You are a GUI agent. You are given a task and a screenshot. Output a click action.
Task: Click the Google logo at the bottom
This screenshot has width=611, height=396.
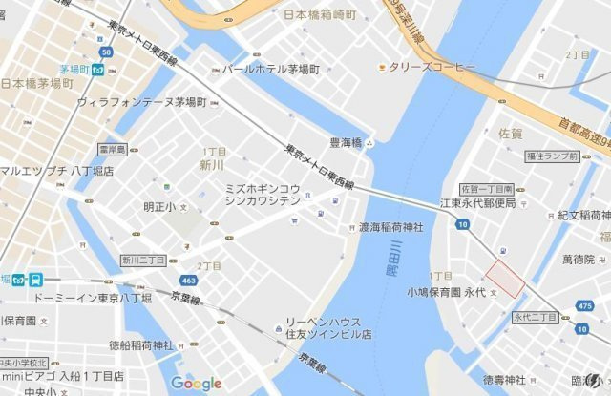tap(197, 384)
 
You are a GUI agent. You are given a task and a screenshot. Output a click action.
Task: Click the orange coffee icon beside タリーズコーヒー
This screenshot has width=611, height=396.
tap(382, 67)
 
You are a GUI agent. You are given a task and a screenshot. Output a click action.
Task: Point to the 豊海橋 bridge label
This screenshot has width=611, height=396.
tap(346, 142)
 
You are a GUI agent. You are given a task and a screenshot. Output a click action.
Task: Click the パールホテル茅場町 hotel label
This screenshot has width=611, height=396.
tap(271, 70)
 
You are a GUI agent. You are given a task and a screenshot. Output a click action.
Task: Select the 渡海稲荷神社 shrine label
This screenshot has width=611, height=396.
tap(391, 228)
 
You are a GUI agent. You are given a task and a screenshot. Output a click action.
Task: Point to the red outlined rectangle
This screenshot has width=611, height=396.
tap(506, 277)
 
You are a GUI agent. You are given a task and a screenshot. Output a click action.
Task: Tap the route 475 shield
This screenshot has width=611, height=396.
tap(585, 305)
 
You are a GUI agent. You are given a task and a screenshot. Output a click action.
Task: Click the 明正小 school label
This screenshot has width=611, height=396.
tap(159, 206)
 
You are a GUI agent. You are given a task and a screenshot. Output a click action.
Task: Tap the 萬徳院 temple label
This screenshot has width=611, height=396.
tap(578, 260)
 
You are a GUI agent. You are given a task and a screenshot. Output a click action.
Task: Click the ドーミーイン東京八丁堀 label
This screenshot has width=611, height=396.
tap(92, 299)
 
